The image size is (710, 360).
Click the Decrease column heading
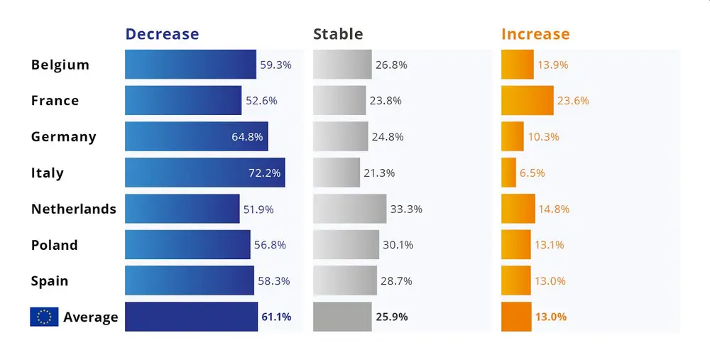pyautogui.click(x=162, y=34)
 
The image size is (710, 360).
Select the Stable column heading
pyautogui.click(x=338, y=34)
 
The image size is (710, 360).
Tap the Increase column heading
pyautogui.click(x=535, y=34)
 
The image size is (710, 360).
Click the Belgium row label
pyautogui.click(x=60, y=65)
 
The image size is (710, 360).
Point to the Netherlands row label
pyautogui.click(x=74, y=209)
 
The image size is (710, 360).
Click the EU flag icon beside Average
pyautogui.click(x=44, y=317)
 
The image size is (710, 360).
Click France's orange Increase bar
pyautogui.click(x=528, y=100)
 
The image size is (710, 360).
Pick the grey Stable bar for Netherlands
pyautogui.click(x=349, y=209)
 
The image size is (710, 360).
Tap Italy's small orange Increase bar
pyautogui.click(x=508, y=173)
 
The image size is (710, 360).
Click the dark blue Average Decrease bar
pyautogui.click(x=191, y=317)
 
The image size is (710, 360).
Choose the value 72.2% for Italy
pyautogui.click(x=264, y=173)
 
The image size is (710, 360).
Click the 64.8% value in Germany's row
pyautogui.click(x=247, y=136)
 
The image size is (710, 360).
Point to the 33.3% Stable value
pyautogui.click(x=406, y=209)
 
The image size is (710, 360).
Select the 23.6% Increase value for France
pyautogui.click(x=573, y=100)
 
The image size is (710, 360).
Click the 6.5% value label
pyautogui.click(x=532, y=173)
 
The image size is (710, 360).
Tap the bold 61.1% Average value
pyautogui.click(x=276, y=317)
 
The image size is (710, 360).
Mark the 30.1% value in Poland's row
pyautogui.click(x=398, y=245)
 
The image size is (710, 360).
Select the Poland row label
pyautogui.click(x=55, y=245)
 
